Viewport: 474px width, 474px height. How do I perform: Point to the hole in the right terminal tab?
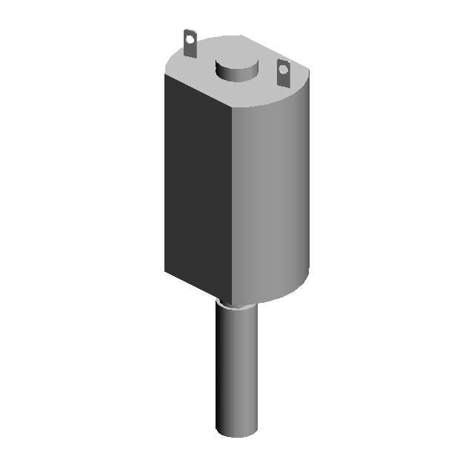[283, 70]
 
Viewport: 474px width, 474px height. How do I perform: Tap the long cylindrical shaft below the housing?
[237, 370]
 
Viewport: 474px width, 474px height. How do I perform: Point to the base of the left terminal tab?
[190, 54]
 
